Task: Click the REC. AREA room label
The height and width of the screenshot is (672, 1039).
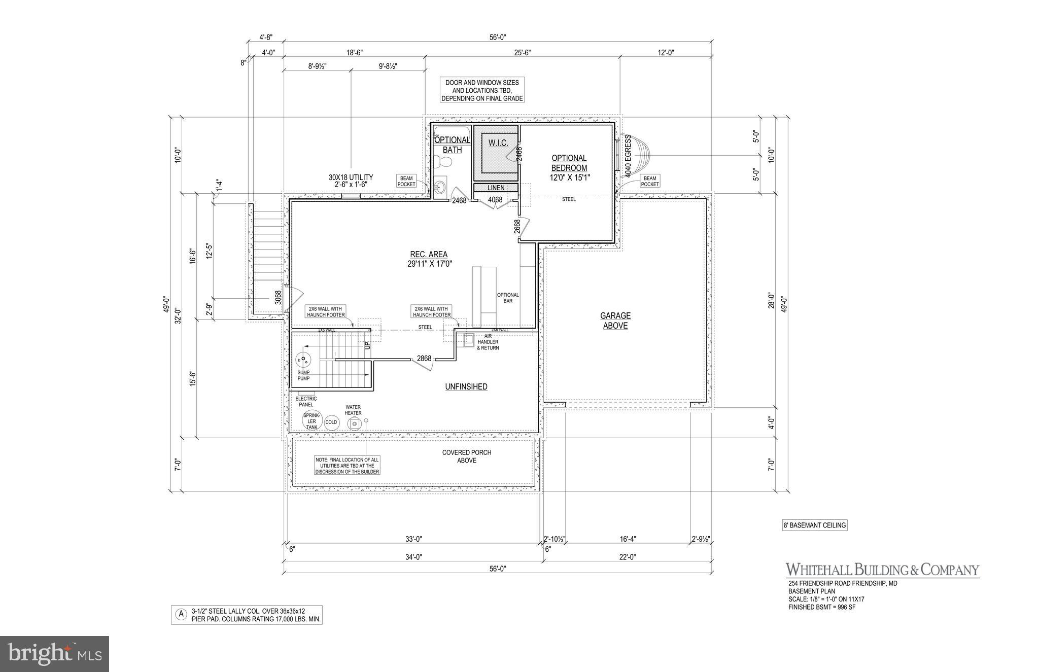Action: (429, 259)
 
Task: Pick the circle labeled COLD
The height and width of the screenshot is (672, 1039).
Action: (331, 422)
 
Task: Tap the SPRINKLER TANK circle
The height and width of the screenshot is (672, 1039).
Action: (311, 421)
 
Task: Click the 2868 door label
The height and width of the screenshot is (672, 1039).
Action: (424, 359)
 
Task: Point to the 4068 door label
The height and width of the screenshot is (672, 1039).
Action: (495, 200)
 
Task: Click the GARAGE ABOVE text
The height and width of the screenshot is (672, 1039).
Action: (615, 321)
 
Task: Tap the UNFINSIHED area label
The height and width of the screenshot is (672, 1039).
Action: (466, 386)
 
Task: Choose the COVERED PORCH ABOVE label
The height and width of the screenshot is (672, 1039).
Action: (466, 456)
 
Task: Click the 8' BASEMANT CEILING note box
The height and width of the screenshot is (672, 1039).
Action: (815, 525)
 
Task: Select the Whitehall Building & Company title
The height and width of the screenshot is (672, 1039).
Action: (882, 570)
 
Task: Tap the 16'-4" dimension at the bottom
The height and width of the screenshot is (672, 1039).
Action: (628, 539)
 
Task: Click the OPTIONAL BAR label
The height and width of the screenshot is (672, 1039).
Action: (508, 298)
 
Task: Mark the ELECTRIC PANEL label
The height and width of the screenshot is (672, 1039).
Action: (306, 402)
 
